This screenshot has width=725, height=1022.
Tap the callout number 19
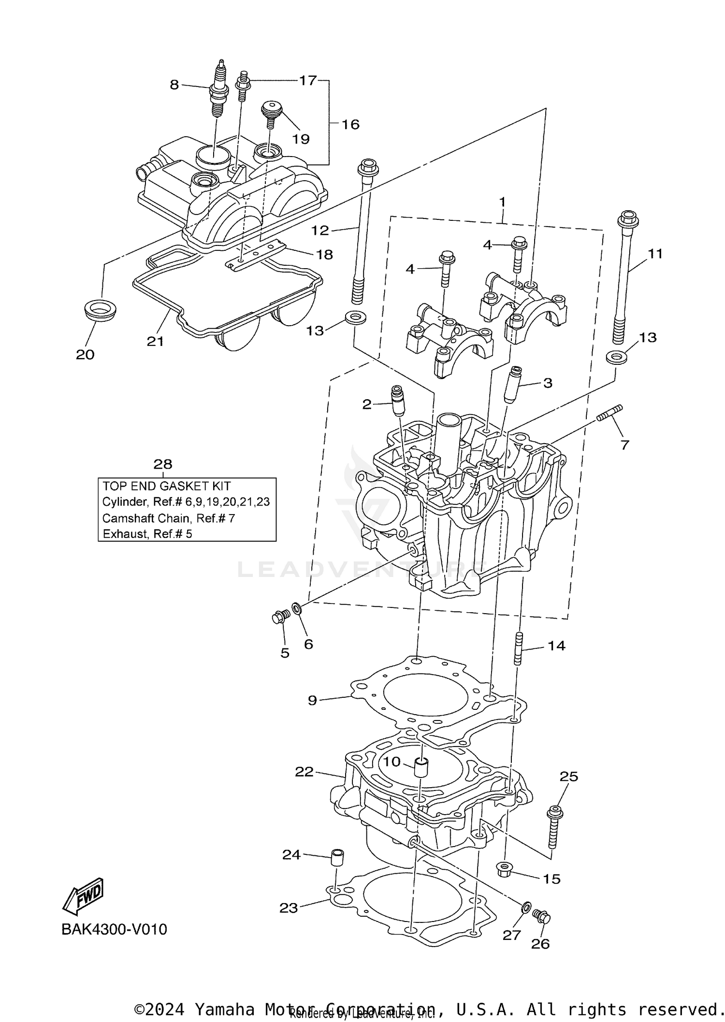click(x=301, y=139)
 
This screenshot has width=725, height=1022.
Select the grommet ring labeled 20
click(x=100, y=309)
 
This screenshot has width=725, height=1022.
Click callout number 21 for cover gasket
click(x=155, y=341)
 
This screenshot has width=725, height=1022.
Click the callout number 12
click(x=320, y=230)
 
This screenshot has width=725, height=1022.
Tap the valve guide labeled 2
click(x=397, y=401)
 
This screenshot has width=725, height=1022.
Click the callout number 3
click(x=548, y=383)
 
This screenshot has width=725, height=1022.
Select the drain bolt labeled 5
click(x=280, y=617)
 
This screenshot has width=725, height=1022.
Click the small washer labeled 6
click(x=296, y=607)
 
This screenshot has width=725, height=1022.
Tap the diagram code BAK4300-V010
click(x=114, y=929)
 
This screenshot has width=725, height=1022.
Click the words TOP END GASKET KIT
click(x=166, y=486)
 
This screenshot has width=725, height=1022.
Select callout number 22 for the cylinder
click(x=304, y=772)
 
